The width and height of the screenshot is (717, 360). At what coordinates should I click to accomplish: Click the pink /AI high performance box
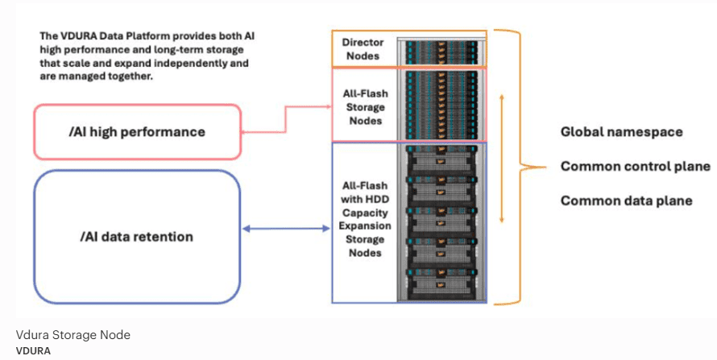tap(136, 131)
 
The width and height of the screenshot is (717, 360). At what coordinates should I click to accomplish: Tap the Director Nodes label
tap(363, 49)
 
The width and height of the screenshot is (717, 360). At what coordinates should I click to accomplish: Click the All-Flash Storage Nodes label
tap(363, 107)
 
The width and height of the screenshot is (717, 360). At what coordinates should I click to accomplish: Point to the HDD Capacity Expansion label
tap(363, 219)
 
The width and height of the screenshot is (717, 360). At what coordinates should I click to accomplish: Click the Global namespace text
tap(621, 131)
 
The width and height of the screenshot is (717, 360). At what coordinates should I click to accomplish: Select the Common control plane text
tap(635, 166)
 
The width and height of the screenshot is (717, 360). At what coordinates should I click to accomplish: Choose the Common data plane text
tap(626, 201)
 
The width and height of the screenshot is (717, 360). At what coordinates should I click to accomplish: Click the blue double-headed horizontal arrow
tap(286, 230)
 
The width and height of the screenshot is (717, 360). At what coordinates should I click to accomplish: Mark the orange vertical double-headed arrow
tap(503, 158)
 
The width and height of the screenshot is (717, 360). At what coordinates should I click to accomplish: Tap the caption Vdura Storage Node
tap(73, 335)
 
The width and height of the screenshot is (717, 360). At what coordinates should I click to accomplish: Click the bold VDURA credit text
tap(33, 350)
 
